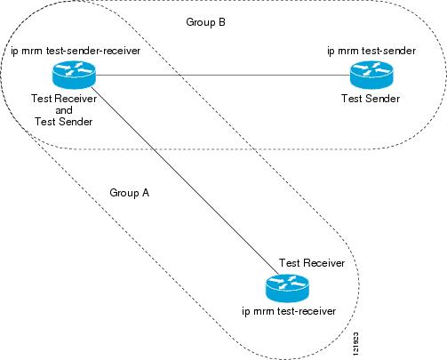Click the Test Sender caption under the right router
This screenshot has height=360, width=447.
[x=368, y=99]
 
